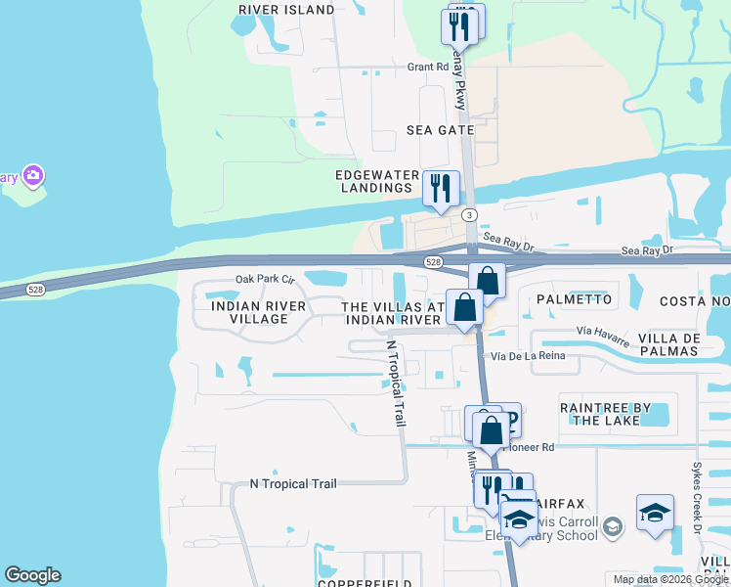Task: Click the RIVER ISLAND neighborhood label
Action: point(286,10)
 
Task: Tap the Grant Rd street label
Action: point(427,68)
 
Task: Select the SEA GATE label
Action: point(441,130)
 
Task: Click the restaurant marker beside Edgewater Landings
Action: point(441,188)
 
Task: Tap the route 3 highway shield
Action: point(471,214)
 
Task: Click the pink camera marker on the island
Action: point(33,176)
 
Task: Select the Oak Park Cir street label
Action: point(265,279)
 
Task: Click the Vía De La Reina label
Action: point(528,355)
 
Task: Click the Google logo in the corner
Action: point(32,575)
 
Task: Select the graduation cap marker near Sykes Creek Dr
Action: point(655,513)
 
